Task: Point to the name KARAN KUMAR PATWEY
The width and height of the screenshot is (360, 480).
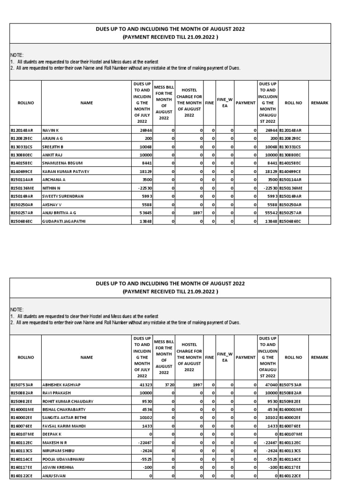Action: coord(66,172)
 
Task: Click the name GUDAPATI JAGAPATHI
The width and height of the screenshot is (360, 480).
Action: coord(64,221)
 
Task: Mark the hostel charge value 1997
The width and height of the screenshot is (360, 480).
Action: coord(196,385)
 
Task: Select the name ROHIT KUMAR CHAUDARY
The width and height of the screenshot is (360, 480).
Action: coord(67,401)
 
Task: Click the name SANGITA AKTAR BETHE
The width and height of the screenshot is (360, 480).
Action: coord(65,418)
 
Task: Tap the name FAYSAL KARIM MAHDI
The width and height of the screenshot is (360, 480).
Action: coord(64,427)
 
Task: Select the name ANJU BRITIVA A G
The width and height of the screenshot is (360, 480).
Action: coord(59,213)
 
